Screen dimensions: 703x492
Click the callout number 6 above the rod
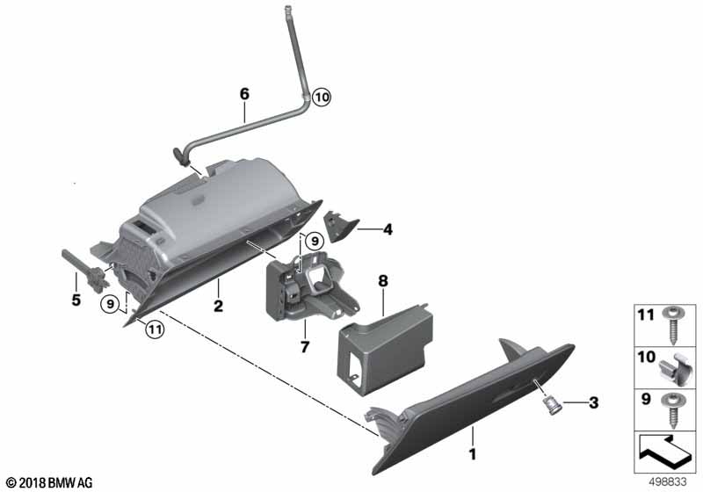tap(244, 94)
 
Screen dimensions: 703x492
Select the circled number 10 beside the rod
tap(322, 97)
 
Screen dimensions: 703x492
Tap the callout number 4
tap(388, 229)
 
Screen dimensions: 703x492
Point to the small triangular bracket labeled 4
tap(342, 226)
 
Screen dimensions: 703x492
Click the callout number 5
tap(76, 300)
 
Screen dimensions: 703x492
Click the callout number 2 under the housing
tap(218, 306)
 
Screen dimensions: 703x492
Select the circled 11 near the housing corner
tap(155, 329)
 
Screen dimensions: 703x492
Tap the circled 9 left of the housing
tap(109, 304)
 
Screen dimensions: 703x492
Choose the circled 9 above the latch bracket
tap(315, 241)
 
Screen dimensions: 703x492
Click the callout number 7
tap(305, 346)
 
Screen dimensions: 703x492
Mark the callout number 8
tap(383, 281)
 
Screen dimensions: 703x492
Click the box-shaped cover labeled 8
tap(385, 349)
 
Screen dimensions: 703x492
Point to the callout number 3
tap(594, 402)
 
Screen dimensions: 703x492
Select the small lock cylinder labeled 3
tap(551, 406)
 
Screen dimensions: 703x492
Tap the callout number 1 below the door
tap(472, 454)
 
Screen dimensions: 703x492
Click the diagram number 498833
tap(668, 482)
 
